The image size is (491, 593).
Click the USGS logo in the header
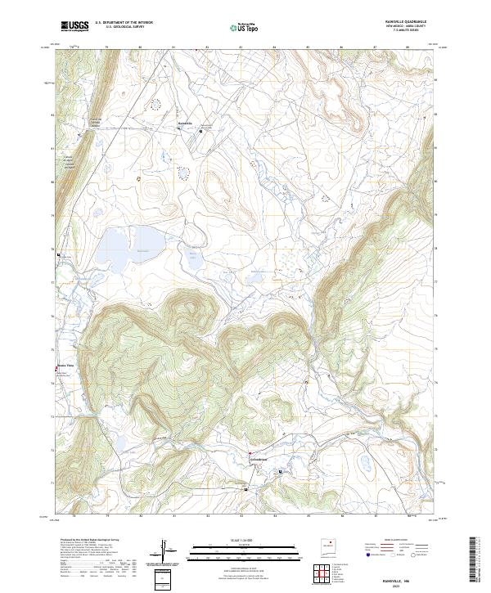click(x=74, y=26)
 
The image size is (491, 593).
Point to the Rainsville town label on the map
click(x=185, y=124)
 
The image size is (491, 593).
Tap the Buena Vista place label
click(x=65, y=365)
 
